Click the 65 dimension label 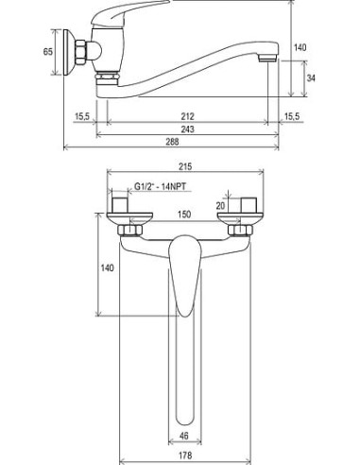click(x=48, y=51)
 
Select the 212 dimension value click(x=188, y=116)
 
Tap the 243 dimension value click(x=187, y=129)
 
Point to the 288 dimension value click(x=173, y=142)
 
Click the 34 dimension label click(x=311, y=77)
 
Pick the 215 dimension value click(x=185, y=166)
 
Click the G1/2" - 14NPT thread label click(x=160, y=186)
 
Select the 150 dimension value click(x=184, y=215)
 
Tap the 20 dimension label click(x=221, y=206)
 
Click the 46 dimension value click(x=184, y=436)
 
